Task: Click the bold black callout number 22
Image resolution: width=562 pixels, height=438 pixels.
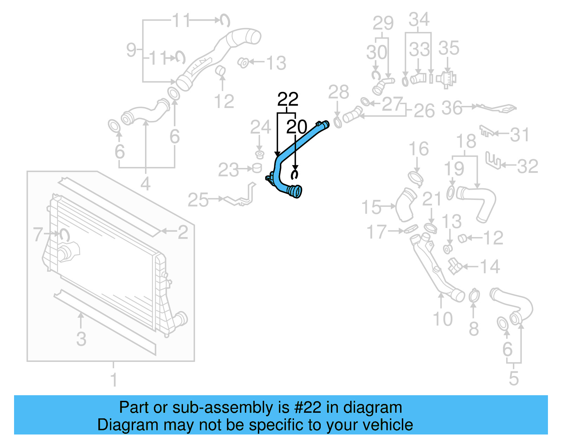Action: [x=288, y=99]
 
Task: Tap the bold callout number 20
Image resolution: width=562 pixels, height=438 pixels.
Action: [x=296, y=127]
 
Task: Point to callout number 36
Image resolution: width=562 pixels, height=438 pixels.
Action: [x=452, y=108]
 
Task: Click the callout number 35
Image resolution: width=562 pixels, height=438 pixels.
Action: [x=449, y=48]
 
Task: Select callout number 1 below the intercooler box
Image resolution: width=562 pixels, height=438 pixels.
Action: [x=113, y=379]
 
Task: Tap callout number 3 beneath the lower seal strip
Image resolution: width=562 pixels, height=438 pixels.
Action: [x=81, y=339]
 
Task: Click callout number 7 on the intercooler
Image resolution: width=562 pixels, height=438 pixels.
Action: [x=38, y=234]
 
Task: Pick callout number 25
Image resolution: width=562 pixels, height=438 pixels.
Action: [x=198, y=200]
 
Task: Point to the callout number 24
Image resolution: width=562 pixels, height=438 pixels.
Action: [x=260, y=127]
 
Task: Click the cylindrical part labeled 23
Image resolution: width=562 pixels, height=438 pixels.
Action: [x=257, y=168]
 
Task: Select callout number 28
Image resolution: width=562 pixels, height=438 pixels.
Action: [x=338, y=92]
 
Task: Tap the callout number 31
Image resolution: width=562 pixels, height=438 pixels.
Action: [x=519, y=135]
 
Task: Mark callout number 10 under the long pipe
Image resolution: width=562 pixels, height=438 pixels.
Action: [x=443, y=319]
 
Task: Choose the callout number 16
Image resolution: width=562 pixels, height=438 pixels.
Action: [x=419, y=149]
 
